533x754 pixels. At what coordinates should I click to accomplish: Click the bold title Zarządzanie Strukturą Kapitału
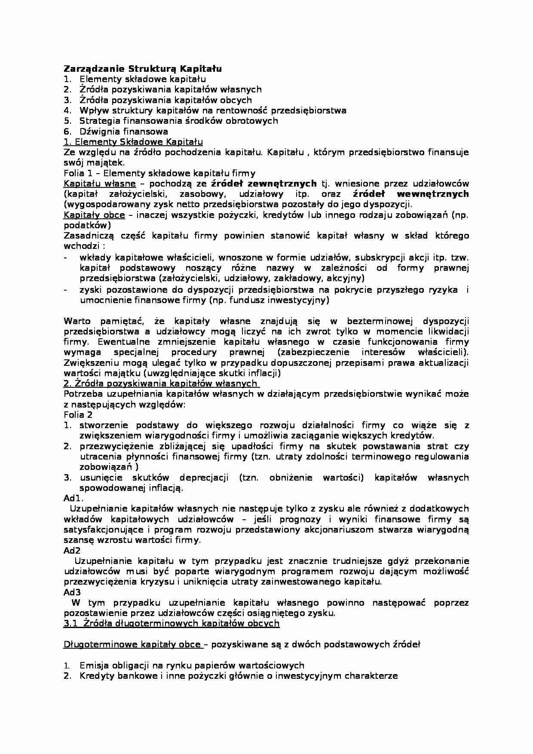coord(143,69)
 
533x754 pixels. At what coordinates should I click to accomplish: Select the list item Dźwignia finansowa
coord(123,132)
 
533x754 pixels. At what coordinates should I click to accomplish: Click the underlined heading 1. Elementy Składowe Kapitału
coord(133,142)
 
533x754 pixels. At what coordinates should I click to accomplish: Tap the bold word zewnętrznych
coord(289,184)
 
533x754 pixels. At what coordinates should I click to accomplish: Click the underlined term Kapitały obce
coord(94,215)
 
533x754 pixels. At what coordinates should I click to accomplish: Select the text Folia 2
coord(78,415)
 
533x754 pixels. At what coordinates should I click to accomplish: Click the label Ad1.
coord(74,498)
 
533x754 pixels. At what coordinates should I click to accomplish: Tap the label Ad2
coord(72,551)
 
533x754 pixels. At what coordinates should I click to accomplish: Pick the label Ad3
coord(72,592)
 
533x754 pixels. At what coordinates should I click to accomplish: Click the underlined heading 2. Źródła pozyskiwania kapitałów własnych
coord(161,383)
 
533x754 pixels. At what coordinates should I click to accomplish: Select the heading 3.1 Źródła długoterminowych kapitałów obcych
coord(172,623)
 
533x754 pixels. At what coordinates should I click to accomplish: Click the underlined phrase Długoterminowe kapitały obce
coord(132,644)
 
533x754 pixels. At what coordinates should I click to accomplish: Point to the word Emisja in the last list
coord(92,665)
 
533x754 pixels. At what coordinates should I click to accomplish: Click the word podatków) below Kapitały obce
coord(87,225)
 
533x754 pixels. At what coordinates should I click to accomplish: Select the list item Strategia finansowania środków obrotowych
coord(178,121)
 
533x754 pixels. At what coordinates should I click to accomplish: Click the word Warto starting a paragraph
coord(77,321)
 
